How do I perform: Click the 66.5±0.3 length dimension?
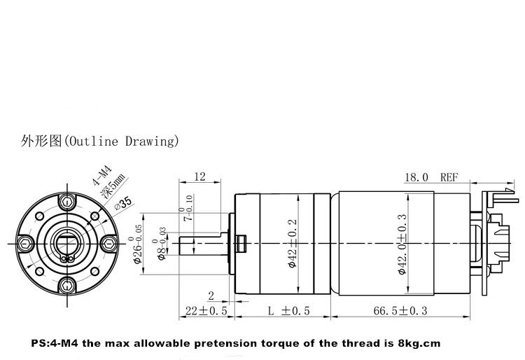point(400,311)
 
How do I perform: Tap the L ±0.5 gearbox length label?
point(289,311)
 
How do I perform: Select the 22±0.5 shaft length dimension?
point(206,311)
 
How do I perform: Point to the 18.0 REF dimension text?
point(431,177)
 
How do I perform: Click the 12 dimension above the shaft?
point(199,176)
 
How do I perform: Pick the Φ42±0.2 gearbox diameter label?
point(293,244)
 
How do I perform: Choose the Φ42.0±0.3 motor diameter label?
point(402,244)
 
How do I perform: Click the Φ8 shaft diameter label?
point(160,244)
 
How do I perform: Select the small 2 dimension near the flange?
point(211,296)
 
